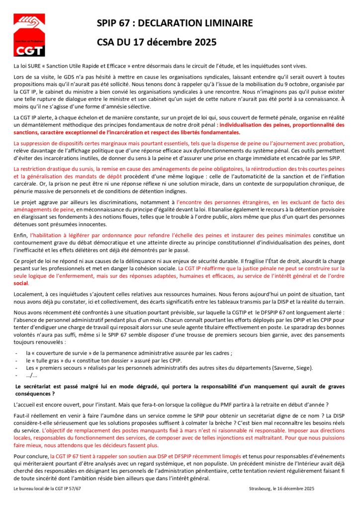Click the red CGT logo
point(29,35)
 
